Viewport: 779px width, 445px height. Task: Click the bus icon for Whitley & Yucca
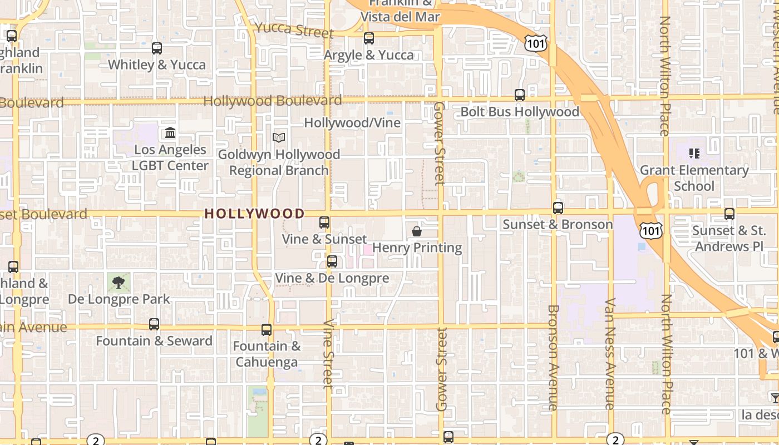pos(157,48)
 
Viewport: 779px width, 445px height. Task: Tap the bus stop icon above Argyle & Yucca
pos(368,38)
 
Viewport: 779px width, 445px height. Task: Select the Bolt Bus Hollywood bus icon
pos(519,95)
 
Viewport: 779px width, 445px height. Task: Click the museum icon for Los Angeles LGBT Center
pos(170,133)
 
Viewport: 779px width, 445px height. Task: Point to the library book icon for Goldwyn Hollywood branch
pos(279,137)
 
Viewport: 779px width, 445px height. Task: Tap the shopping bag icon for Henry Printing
pos(416,231)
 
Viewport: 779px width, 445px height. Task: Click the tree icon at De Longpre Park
pos(118,283)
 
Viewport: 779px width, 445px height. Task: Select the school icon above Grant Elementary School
pos(694,153)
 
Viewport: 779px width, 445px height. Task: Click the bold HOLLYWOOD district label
pos(254,214)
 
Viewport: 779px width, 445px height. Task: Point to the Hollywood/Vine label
pos(352,122)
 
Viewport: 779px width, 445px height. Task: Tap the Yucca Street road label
pos(294,29)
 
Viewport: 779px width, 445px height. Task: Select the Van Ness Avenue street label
pos(610,354)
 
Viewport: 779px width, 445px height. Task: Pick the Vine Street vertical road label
pos(328,353)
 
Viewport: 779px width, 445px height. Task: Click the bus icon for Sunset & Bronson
pos(558,208)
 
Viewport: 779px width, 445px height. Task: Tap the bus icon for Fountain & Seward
pos(154,324)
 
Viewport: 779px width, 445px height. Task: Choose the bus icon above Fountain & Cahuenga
pos(267,330)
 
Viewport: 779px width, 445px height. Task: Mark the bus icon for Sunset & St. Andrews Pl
pos(729,214)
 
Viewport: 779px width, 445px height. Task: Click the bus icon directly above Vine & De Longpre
pos(332,261)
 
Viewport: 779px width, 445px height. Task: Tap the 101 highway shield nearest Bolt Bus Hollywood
pos(535,43)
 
